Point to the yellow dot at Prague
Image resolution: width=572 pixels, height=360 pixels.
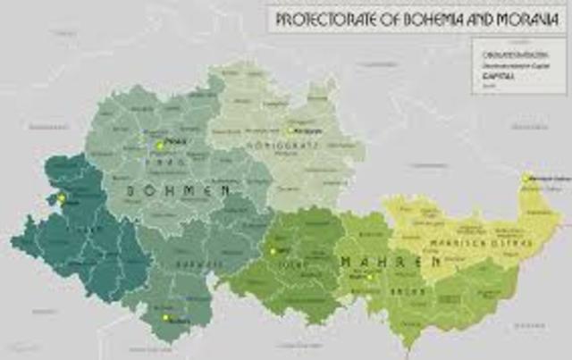tap(160, 145)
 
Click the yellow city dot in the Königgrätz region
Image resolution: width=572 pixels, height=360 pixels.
tap(290, 130)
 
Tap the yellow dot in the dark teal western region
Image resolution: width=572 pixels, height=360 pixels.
tap(62, 198)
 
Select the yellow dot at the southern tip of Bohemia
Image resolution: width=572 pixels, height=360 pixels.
tap(165, 317)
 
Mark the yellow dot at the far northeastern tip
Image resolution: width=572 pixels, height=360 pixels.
tap(527, 179)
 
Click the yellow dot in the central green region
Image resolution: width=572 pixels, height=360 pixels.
tap(273, 251)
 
